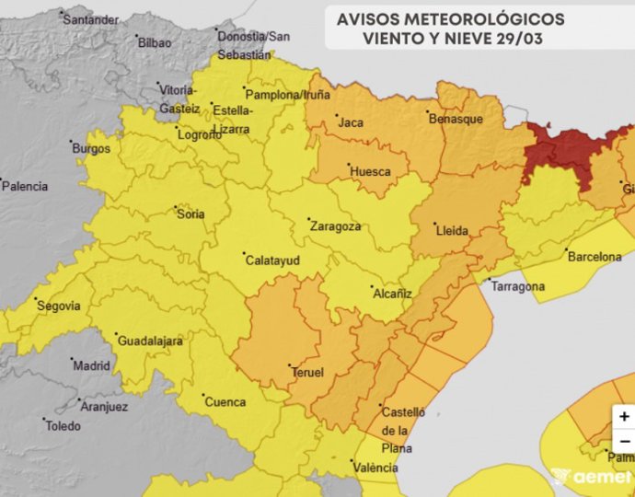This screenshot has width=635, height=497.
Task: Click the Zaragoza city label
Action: (x=335, y=225)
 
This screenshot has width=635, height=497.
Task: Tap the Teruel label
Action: (x=306, y=373)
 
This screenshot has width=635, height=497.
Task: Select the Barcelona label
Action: (x=595, y=257)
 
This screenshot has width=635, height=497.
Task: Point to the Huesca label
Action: (x=370, y=171)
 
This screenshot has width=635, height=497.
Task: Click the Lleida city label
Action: (x=452, y=231)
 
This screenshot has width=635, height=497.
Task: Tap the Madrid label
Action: (x=91, y=365)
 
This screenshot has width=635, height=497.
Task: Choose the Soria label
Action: (x=191, y=214)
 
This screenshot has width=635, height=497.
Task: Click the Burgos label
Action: (x=91, y=148)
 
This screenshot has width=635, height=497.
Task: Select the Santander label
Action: (x=90, y=19)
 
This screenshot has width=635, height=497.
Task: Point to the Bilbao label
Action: (x=154, y=42)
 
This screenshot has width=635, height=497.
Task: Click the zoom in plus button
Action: (x=625, y=416)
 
